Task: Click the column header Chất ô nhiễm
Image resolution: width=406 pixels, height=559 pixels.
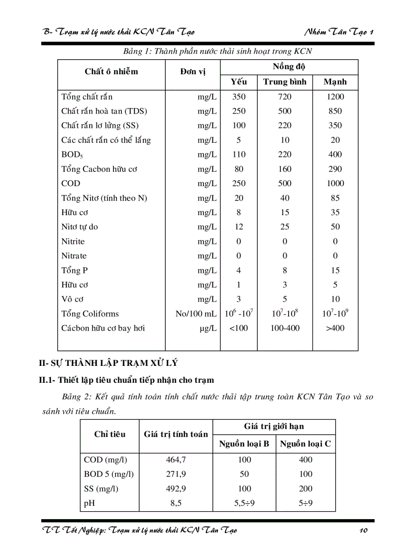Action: (x=111, y=72)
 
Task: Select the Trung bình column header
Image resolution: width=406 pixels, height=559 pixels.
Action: (x=285, y=82)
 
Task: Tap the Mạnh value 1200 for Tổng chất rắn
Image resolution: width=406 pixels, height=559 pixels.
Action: (x=335, y=97)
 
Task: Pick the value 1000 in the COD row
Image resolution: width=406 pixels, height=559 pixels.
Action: (x=335, y=184)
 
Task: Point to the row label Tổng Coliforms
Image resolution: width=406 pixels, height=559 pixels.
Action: (x=90, y=314)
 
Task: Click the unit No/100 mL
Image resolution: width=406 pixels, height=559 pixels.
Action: (x=196, y=314)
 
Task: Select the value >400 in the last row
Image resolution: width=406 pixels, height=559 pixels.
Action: (x=335, y=328)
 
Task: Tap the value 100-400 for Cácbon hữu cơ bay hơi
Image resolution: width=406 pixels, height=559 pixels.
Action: (x=285, y=328)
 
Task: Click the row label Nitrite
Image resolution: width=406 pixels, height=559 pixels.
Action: (x=73, y=241)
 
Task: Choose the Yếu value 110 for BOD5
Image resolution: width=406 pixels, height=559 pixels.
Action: (x=239, y=155)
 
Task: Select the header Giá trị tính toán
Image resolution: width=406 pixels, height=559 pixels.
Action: (x=176, y=435)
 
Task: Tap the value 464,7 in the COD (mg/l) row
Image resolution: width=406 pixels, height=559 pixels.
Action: (x=176, y=460)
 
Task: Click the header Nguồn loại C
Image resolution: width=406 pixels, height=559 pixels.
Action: (x=305, y=444)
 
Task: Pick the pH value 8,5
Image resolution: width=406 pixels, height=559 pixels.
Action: (x=176, y=503)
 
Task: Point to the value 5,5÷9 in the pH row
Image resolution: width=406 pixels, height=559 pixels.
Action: (x=244, y=503)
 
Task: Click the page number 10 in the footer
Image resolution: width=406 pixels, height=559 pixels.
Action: (x=363, y=531)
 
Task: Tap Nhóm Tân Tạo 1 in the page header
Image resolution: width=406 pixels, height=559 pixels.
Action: (x=339, y=32)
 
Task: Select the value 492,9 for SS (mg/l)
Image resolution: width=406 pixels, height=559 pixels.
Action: (x=176, y=489)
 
